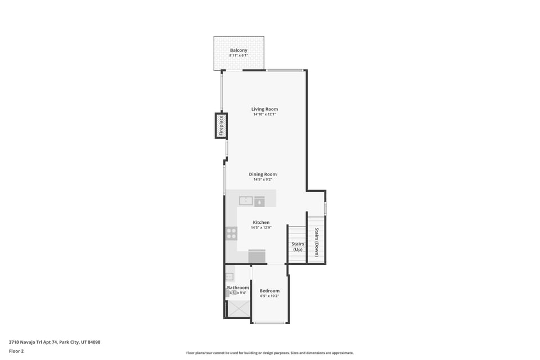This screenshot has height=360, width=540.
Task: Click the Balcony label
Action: (238, 50)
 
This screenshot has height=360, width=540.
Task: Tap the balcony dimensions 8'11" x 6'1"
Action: (238, 56)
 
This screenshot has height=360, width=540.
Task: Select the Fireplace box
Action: (221, 126)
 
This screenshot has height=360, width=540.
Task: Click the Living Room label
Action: (264, 109)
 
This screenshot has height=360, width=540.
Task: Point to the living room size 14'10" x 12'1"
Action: (264, 114)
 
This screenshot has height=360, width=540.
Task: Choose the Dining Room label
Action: (263, 174)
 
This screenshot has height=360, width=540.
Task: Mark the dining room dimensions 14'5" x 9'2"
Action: (263, 179)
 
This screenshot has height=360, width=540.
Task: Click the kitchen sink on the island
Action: (246, 201)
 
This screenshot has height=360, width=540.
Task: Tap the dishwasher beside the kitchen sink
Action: (259, 201)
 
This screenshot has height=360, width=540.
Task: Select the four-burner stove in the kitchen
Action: (231, 233)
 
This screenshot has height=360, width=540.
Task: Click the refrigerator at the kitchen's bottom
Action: (257, 256)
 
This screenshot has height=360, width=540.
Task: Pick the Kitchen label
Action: (261, 222)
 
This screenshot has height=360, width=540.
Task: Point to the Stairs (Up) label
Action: (297, 246)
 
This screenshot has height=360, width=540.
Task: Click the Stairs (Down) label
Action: (317, 242)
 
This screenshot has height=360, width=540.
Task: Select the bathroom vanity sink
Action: (229, 276)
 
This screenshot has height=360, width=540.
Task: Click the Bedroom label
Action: (269, 291)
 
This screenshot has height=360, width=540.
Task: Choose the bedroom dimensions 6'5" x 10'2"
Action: (269, 296)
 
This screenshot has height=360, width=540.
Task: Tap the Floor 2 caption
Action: (16, 351)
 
